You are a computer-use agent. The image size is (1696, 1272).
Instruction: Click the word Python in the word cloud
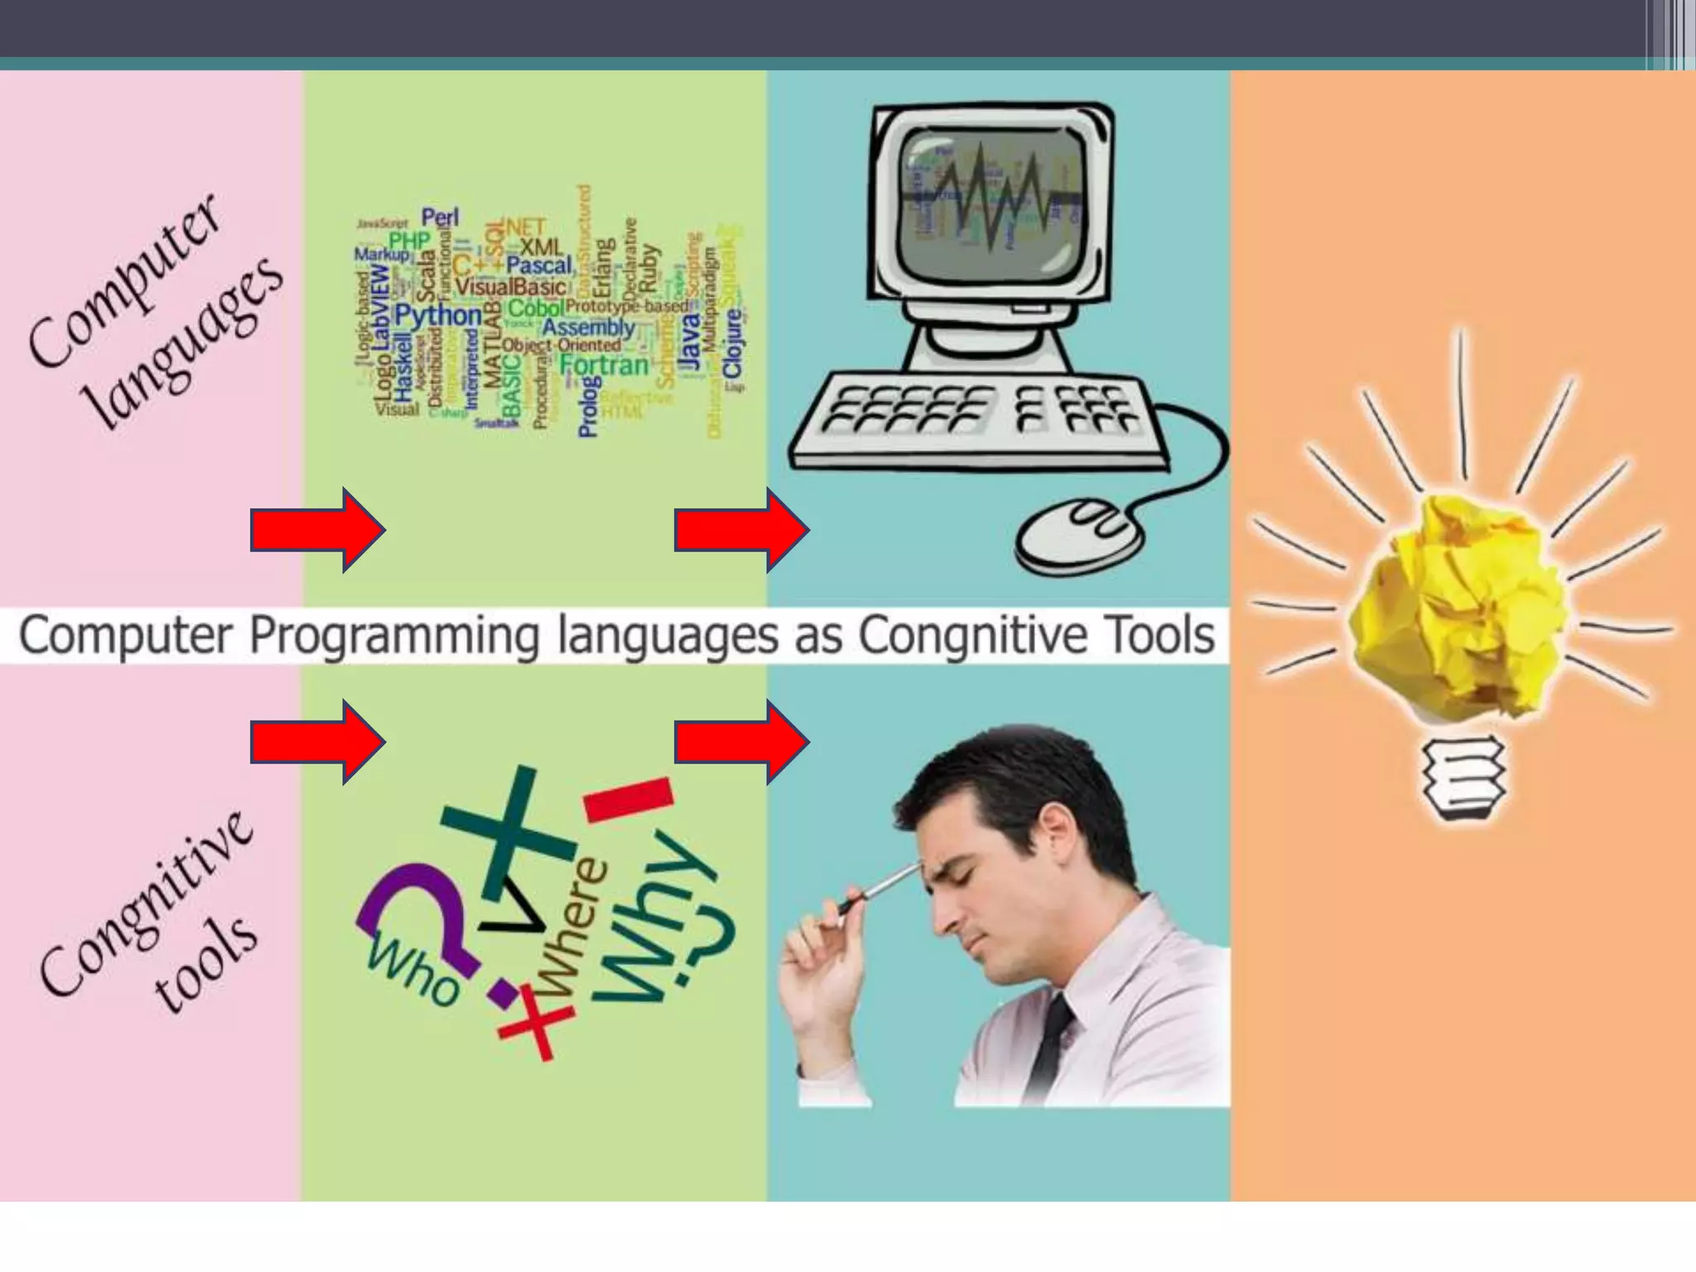437,316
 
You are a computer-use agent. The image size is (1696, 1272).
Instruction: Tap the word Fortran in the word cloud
605,365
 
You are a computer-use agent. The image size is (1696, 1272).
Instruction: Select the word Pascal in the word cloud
539,266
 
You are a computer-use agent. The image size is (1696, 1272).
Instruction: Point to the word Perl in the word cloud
440,217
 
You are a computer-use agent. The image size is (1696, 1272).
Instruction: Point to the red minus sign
628,799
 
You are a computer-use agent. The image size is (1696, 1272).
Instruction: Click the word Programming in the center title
394,636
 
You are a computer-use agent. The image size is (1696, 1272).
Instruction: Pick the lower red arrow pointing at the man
741,742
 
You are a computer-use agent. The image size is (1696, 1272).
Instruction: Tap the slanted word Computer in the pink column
124,282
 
